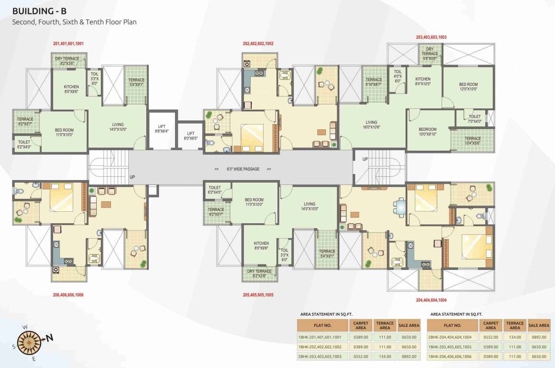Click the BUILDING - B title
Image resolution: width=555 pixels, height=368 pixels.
coord(40,10)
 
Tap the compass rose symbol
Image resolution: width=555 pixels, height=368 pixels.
coord(32,338)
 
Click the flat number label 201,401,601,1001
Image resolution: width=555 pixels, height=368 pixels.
coord(68,44)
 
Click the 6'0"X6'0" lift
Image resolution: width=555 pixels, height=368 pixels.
coord(190,136)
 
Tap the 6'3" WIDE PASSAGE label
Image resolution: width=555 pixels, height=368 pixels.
coord(243,169)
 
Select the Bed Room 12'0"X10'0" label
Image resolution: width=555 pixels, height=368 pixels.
coord(468,87)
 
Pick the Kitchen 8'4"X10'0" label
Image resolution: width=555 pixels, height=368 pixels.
coord(422,81)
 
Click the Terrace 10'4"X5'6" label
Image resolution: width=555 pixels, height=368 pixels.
coord(472,141)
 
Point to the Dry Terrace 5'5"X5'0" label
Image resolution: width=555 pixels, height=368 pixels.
coord(430,51)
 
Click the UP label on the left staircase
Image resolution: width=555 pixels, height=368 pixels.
coord(132,177)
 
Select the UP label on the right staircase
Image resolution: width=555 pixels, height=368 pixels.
coord(365,159)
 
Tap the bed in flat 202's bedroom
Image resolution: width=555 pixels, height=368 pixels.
coord(251,137)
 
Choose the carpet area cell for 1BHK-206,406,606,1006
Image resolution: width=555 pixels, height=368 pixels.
coord(490,356)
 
